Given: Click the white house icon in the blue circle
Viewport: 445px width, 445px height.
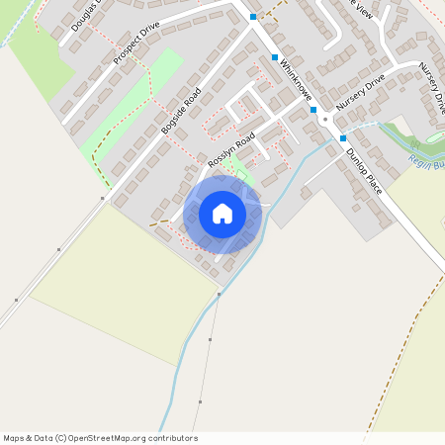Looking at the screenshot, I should tap(222, 213).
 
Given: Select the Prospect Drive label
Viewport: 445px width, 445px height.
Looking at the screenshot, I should tap(135, 45).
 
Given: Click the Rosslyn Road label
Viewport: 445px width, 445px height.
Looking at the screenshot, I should tap(231, 148).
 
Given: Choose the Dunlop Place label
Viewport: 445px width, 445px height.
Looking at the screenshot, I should tap(363, 169).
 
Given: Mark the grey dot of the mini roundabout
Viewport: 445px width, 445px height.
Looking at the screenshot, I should tap(323, 118).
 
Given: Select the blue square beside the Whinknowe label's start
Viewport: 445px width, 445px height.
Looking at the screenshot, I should tap(275, 57).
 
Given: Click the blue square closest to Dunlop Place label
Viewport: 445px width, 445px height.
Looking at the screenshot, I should tap(342, 138).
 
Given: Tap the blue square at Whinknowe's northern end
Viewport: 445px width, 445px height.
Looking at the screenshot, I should tap(253, 17).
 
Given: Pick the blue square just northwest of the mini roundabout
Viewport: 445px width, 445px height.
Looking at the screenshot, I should tap(312, 110).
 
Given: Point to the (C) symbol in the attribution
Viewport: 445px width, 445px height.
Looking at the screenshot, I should tap(61, 438).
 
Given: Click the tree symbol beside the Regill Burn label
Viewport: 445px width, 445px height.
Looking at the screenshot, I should tap(413, 145).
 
